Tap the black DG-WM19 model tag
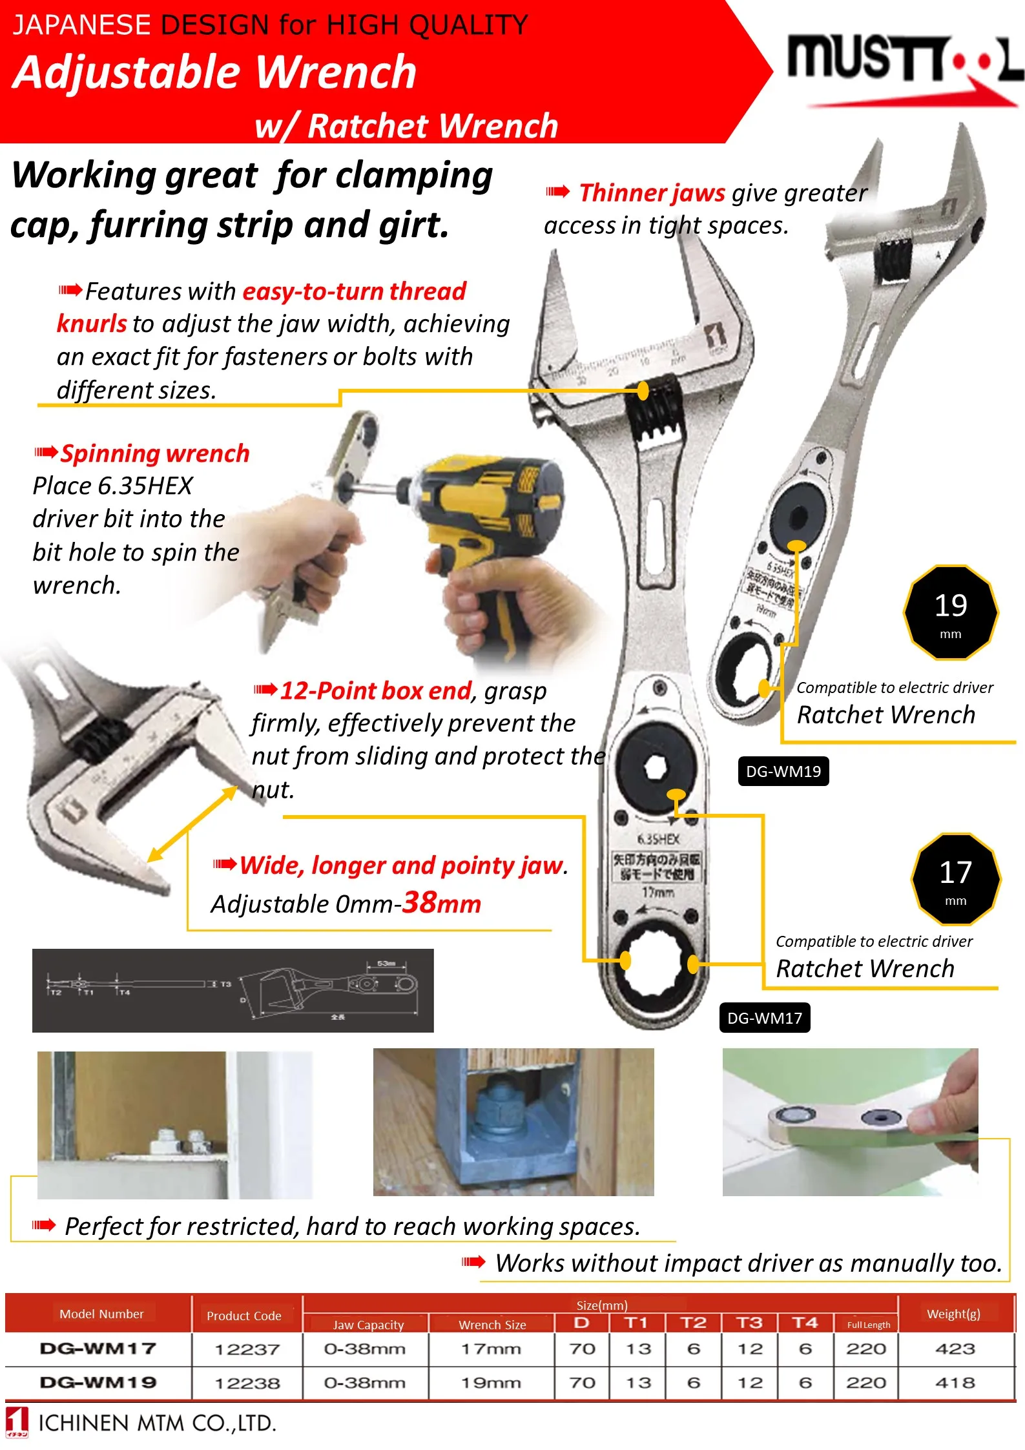783,771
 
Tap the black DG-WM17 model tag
764,1018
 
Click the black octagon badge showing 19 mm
950,612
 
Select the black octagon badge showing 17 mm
955,879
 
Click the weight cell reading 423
955,1349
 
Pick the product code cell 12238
247,1383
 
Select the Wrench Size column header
492,1325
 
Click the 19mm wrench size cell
491,1383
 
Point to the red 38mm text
442,902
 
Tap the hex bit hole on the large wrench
655,768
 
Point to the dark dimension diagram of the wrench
233,990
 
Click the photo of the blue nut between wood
513,1122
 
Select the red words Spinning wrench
155,453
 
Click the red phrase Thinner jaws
652,192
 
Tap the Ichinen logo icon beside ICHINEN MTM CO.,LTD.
17,1422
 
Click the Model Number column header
101,1314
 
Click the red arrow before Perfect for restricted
44,1225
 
